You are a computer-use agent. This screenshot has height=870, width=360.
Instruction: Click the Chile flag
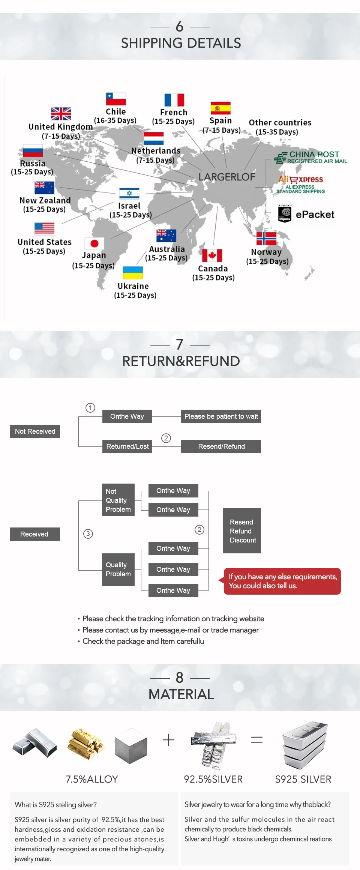115,99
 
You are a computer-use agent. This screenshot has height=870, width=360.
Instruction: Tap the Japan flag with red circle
94,243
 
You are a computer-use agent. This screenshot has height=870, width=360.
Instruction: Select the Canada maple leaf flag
212,255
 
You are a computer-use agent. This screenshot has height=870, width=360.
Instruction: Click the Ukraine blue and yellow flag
133,273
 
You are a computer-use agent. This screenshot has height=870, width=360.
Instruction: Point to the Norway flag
266,239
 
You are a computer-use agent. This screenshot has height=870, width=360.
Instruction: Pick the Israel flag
129,193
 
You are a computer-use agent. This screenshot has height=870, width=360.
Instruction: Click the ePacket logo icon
285,214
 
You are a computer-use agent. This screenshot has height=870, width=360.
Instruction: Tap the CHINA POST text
314,154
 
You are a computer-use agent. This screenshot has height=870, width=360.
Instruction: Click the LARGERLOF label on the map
227,177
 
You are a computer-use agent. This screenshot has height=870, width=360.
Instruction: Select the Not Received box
35,431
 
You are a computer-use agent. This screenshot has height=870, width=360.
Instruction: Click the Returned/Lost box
127,446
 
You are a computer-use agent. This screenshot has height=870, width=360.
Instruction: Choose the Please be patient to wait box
221,416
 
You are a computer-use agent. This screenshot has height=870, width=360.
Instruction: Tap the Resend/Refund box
221,446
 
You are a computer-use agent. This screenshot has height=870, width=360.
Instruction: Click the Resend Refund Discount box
242,531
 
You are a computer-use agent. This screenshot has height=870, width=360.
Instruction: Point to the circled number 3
88,534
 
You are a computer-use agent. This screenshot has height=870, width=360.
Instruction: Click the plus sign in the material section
169,740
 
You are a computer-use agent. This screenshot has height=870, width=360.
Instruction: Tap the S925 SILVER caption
303,779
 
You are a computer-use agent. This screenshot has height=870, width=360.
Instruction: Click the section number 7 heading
180,344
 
